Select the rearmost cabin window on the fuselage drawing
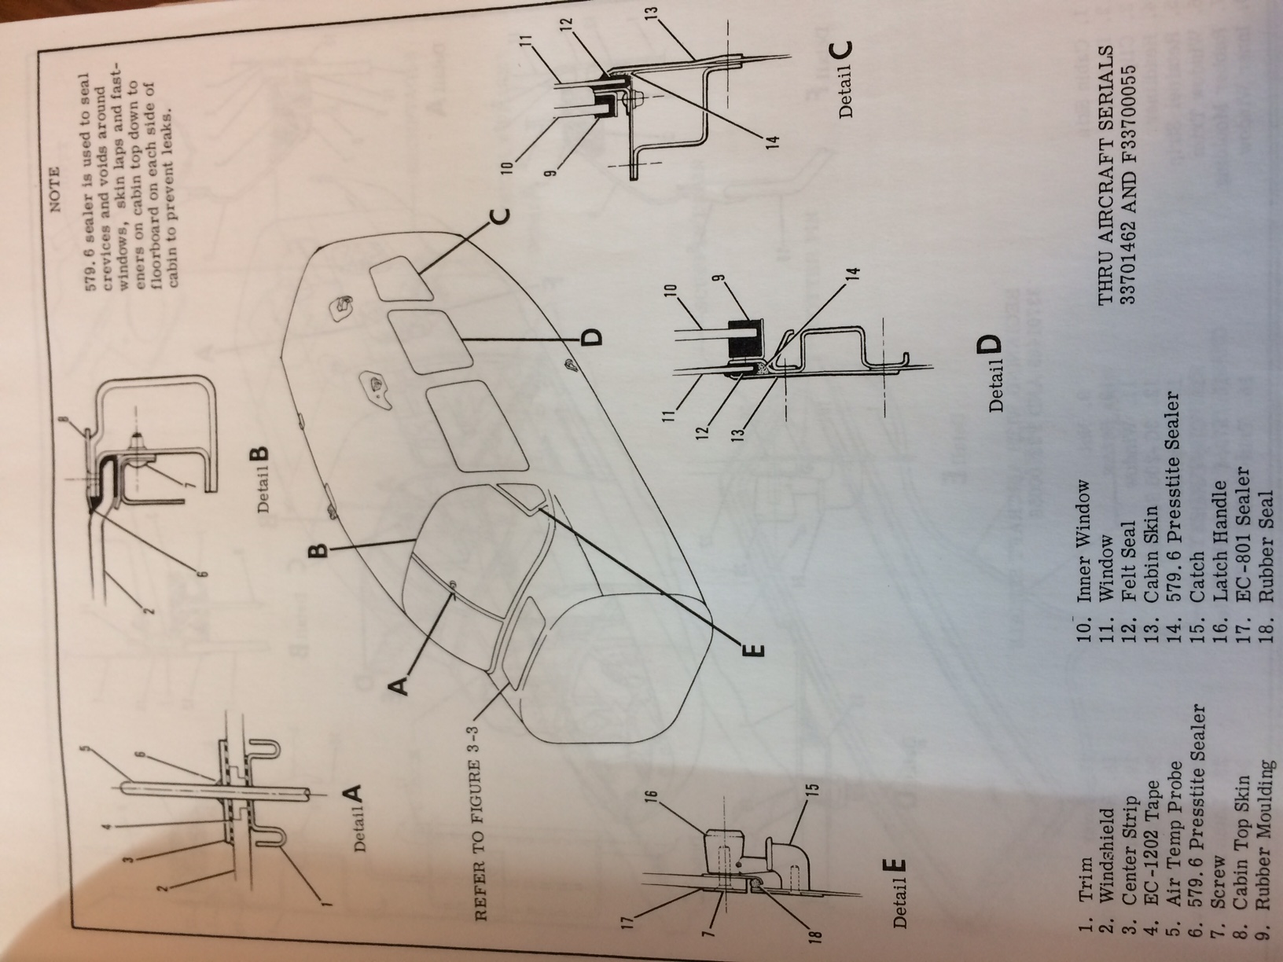point(399,278)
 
